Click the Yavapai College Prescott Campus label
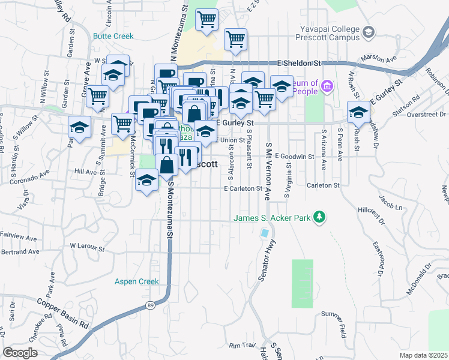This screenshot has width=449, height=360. (x=331, y=32)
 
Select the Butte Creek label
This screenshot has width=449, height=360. (x=113, y=36)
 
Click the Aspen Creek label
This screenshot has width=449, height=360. (x=137, y=281)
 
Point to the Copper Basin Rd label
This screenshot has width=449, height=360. (x=62, y=313)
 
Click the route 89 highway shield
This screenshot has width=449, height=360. (x=149, y=307)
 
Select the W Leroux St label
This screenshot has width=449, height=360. (x=87, y=246)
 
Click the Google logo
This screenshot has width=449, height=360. (x=20, y=353)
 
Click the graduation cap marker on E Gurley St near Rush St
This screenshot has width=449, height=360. (x=358, y=112)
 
